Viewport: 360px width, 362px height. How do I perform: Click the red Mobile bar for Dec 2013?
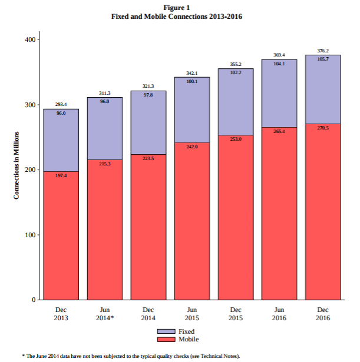[x=61, y=235]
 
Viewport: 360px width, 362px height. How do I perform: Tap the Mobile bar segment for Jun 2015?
[x=192, y=221]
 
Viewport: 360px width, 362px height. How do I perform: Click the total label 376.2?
[x=323, y=51]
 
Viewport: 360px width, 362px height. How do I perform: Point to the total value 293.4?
[x=61, y=104]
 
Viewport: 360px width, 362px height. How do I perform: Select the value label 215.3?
[x=105, y=164]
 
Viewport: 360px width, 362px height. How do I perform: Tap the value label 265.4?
[x=279, y=131]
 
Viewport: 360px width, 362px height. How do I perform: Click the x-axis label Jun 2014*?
[x=105, y=314]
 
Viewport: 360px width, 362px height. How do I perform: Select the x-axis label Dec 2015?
[x=236, y=314]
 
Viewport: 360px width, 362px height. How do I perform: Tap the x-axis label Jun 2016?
[x=279, y=314]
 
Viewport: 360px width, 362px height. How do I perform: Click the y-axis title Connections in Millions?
[x=16, y=165]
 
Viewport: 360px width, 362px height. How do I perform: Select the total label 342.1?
[x=192, y=73]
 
